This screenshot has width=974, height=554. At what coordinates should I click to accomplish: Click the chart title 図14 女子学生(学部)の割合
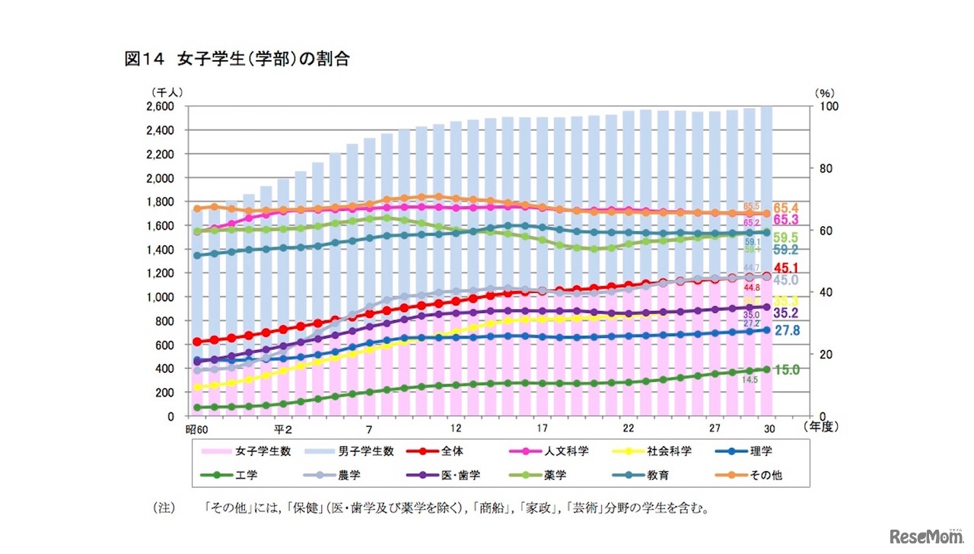237,59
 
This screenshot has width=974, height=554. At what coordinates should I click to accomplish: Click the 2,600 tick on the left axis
161,107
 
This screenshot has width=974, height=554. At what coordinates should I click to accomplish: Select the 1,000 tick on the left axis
161,297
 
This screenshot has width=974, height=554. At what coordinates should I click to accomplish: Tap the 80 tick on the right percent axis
828,168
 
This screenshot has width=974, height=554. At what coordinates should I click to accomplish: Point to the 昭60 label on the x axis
197,428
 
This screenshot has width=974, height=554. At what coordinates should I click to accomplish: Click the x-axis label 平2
283,428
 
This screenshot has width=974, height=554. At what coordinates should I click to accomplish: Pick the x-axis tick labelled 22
628,428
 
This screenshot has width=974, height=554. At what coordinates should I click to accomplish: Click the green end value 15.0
787,370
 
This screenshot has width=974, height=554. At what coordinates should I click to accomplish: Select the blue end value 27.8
787,330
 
